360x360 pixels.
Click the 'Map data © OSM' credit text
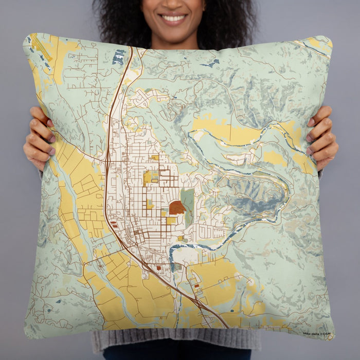click(317, 334)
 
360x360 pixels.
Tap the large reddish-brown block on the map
click(177, 207)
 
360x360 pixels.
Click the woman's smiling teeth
click(173, 19)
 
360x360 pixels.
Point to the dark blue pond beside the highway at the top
click(118, 57)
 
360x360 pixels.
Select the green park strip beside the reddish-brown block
click(188, 203)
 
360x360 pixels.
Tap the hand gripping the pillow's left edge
click(39, 139)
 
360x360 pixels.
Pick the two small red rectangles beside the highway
click(114, 225)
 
